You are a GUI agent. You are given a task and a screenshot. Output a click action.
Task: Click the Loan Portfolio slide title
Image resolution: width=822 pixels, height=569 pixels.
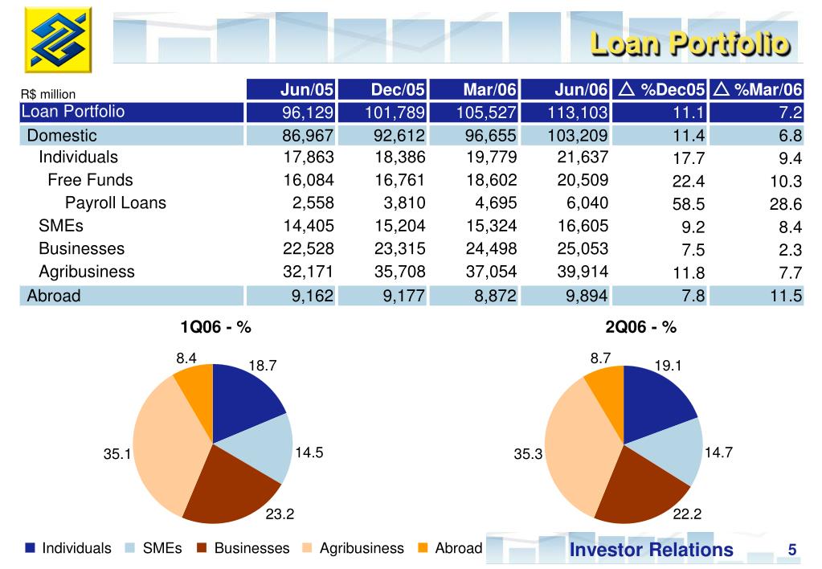coord(689,43)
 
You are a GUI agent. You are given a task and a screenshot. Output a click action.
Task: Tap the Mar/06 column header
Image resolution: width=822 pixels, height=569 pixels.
coord(489,89)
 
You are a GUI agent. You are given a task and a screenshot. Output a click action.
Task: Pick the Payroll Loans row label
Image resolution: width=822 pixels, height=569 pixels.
coord(116,203)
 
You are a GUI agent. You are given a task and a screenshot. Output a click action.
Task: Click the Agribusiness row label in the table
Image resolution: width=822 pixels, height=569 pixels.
coord(87,272)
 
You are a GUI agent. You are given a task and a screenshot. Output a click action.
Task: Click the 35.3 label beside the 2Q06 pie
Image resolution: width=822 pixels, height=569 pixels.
coord(529,454)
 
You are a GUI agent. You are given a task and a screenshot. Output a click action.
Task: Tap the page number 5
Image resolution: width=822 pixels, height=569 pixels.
coord(791,550)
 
